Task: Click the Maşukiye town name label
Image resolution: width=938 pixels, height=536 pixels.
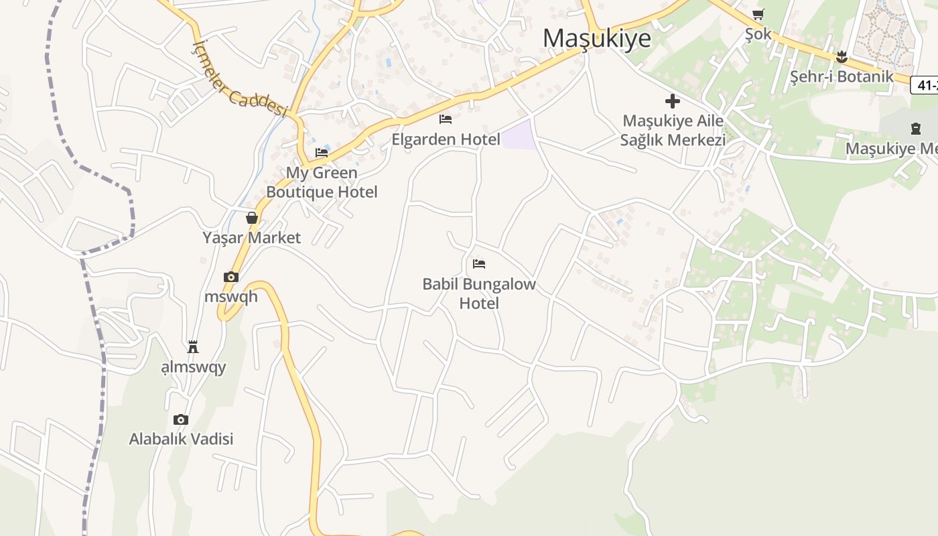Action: pyautogui.click(x=596, y=38)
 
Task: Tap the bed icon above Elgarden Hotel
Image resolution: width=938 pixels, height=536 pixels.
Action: pyautogui.click(x=446, y=119)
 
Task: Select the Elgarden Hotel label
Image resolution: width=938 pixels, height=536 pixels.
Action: pyautogui.click(x=446, y=139)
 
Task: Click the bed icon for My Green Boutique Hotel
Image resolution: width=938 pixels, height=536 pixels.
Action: pyautogui.click(x=322, y=152)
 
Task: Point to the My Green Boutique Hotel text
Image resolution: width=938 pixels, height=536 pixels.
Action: pyautogui.click(x=322, y=182)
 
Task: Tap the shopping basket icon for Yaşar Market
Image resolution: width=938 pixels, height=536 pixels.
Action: pyautogui.click(x=252, y=218)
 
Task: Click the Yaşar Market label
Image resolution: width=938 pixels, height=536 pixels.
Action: pyautogui.click(x=252, y=238)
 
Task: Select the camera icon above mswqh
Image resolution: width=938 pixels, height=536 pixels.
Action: pyautogui.click(x=231, y=277)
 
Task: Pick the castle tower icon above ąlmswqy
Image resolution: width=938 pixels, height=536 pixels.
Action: pyautogui.click(x=193, y=346)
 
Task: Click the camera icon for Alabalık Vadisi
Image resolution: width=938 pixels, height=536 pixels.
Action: pyautogui.click(x=181, y=419)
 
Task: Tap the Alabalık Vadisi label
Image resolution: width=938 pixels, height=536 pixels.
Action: pyautogui.click(x=181, y=440)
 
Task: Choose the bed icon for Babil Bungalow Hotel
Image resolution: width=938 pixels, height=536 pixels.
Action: pyautogui.click(x=479, y=264)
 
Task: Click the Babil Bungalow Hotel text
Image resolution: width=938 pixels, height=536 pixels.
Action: pyautogui.click(x=479, y=293)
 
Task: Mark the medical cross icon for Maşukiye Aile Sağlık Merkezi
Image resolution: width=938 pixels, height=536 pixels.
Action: pyautogui.click(x=673, y=101)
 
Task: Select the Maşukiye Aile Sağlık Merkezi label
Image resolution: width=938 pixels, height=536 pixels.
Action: pyautogui.click(x=673, y=131)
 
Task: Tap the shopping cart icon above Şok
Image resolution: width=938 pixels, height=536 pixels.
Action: pyautogui.click(x=758, y=14)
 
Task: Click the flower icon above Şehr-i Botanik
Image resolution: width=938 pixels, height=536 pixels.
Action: pyautogui.click(x=842, y=57)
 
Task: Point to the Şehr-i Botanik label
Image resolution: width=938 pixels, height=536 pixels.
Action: pyautogui.click(x=842, y=76)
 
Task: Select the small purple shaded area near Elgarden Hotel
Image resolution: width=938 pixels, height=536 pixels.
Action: pyautogui.click(x=519, y=135)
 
